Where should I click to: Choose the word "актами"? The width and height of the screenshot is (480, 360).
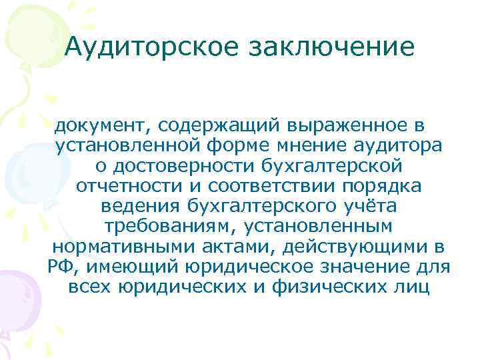tap(239, 247)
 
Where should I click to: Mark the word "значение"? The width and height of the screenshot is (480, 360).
tap(373, 268)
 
